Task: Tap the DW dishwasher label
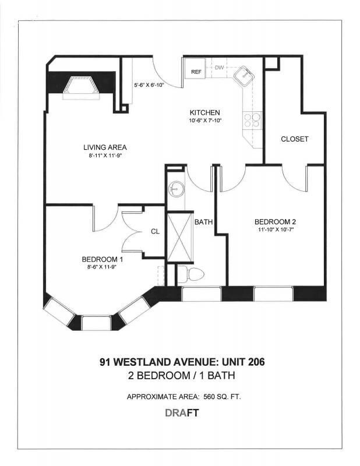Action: pyautogui.click(x=219, y=68)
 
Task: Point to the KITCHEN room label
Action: pyautogui.click(x=204, y=112)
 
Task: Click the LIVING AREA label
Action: pyautogui.click(x=105, y=147)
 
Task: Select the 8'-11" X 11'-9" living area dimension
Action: pyautogui.click(x=105, y=156)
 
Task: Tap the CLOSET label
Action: pyautogui.click(x=294, y=139)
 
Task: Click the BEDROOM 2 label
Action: pyautogui.click(x=276, y=222)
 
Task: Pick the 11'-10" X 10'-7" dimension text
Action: pyautogui.click(x=276, y=230)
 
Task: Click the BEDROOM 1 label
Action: pyautogui.click(x=103, y=260)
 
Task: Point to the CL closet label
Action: pyautogui.click(x=155, y=231)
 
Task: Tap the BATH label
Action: pyautogui.click(x=203, y=222)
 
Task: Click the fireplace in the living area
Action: pyautogui.click(x=79, y=88)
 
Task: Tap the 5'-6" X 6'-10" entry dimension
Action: pyautogui.click(x=149, y=84)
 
